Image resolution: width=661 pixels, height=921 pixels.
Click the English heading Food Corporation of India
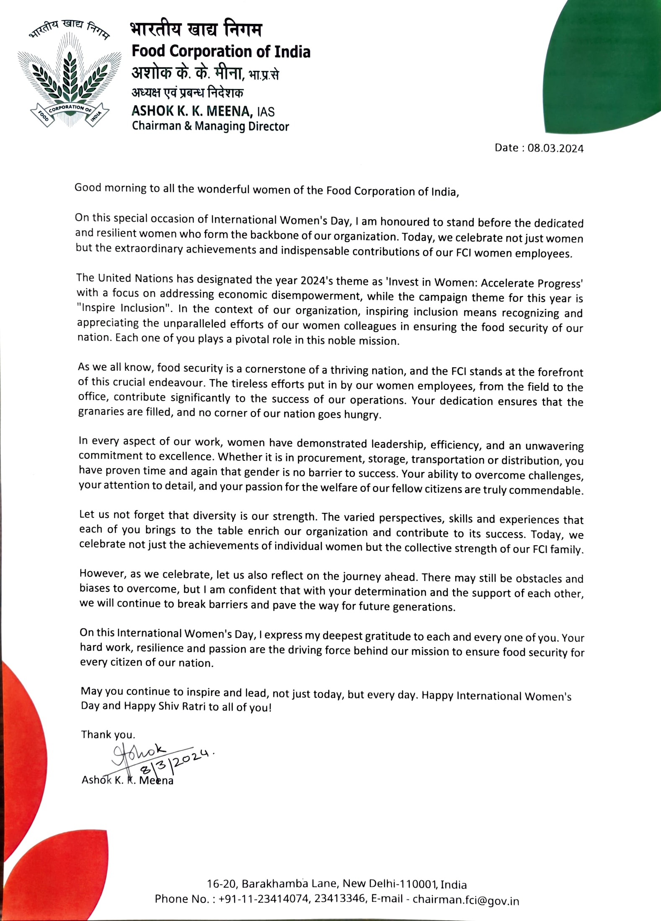[221, 51]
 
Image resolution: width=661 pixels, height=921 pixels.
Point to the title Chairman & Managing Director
[210, 126]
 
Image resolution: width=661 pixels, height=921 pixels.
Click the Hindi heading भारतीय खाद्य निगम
[196, 29]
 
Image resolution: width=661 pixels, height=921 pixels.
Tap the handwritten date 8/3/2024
[176, 761]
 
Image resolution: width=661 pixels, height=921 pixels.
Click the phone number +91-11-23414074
[263, 899]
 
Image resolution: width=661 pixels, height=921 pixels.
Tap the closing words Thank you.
[108, 735]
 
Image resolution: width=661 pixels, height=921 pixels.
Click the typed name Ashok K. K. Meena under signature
[127, 780]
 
